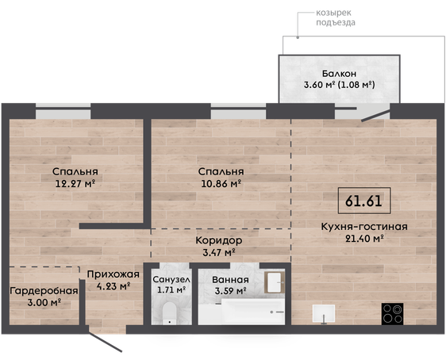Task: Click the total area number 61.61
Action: pos(363,201)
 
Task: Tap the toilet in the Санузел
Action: pos(170,313)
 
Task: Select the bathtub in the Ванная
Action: pos(241,312)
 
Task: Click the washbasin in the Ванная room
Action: pos(275,282)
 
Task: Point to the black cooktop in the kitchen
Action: pos(392,314)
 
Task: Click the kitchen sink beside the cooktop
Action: pos(324,314)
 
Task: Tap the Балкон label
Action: pos(339,74)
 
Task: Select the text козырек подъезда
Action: pos(336,17)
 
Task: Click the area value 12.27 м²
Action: pos(75,183)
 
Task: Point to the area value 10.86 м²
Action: pos(221,183)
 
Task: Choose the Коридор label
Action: pos(219,240)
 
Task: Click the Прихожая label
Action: pos(113,274)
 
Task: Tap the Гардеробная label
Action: pos(44,291)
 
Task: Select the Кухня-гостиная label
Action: pos(364,227)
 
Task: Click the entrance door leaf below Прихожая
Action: pos(106,342)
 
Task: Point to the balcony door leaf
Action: pos(375,116)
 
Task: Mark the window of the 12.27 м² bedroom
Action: pos(63,111)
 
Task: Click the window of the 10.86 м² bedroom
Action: pos(238,111)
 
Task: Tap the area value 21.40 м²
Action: pos(364,239)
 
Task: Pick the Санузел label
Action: pos(171,280)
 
